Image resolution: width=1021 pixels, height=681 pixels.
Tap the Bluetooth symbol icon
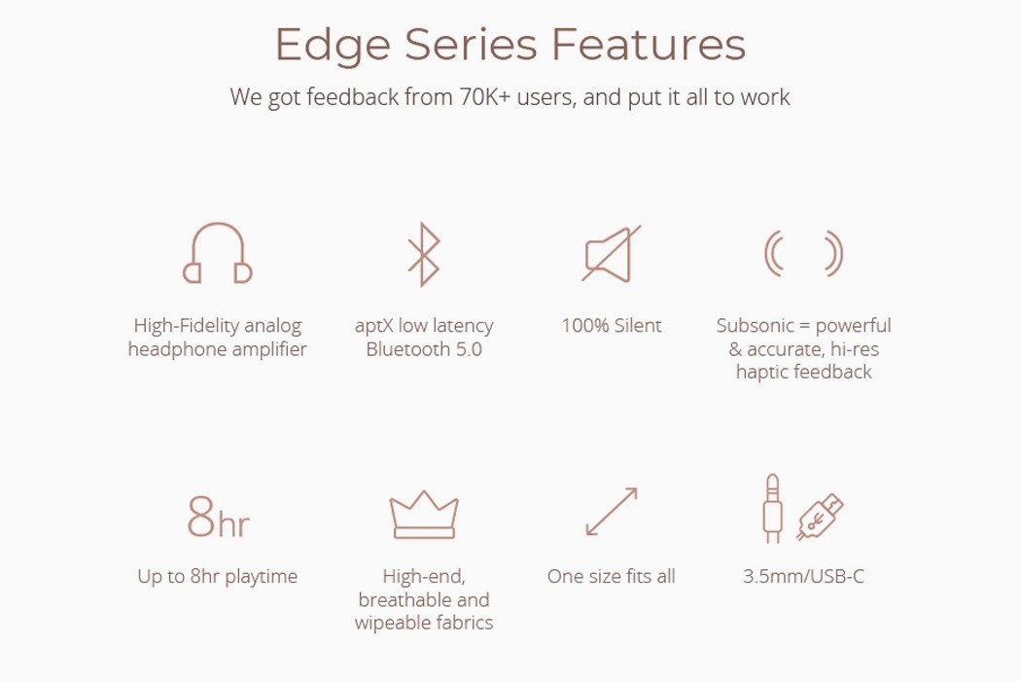[423, 254]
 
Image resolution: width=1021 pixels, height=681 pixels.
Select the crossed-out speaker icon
[611, 254]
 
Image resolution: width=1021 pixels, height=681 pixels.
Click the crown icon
[423, 515]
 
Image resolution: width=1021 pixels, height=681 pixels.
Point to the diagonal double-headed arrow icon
[612, 512]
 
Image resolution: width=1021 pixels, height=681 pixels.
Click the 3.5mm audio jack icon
[772, 508]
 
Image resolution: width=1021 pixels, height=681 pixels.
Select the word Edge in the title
[333, 45]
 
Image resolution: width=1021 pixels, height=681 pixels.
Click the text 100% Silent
[611, 326]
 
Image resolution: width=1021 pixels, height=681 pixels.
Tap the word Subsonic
[756, 326]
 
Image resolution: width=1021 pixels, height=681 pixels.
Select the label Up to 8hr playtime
[218, 576]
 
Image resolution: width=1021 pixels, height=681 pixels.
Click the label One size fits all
[611, 576]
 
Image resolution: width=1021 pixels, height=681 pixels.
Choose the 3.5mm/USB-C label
[803, 576]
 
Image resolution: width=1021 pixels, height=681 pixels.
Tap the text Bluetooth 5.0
[423, 349]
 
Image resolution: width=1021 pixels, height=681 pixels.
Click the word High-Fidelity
[175, 326]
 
